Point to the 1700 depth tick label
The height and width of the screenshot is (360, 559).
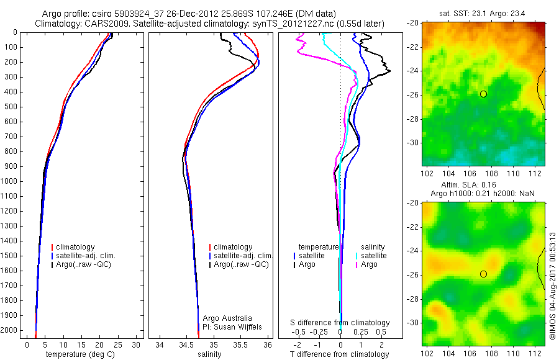[x=9, y=286]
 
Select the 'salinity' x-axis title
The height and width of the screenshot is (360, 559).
[x=209, y=354]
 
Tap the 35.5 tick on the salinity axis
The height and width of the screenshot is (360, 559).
[x=240, y=344]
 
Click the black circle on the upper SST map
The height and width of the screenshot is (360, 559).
[x=483, y=94]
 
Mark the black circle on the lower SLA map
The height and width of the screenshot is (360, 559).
[x=483, y=274]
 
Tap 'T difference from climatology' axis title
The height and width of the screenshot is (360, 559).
[x=340, y=354]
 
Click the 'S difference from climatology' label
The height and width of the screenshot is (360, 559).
[x=340, y=323]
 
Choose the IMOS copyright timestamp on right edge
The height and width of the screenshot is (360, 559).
[x=552, y=287]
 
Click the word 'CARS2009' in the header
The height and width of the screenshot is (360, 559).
[x=103, y=24]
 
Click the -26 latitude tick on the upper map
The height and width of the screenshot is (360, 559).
[x=413, y=95]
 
